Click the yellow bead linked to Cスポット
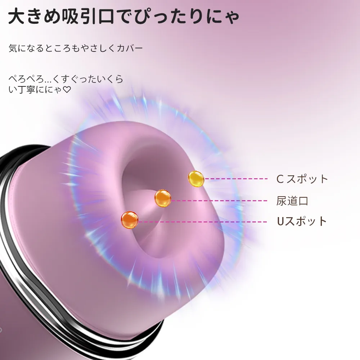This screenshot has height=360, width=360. coord(196,179)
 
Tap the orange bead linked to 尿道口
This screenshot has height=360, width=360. coord(163,198)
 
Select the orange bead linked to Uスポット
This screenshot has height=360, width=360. coord(130,220)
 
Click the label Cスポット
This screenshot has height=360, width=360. coord(302,179)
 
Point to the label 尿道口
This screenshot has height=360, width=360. coord(292,201)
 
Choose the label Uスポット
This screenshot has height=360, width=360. coord(302,221)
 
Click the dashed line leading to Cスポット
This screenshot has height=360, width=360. coord(236,179)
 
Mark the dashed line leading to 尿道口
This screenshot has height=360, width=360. coord(219,201)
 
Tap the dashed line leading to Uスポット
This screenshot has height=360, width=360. coord(202,222)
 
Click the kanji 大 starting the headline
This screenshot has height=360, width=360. coord(16,16)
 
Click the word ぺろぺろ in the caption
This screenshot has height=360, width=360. coord(26,79)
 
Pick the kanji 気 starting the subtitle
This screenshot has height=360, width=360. coord(13,48)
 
